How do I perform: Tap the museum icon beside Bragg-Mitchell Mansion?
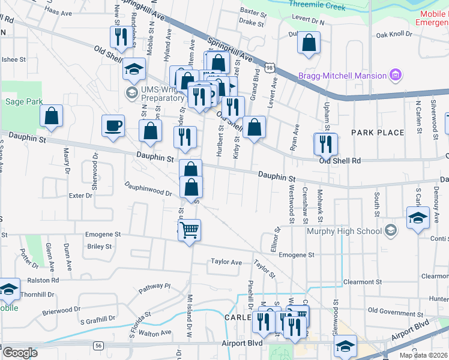click(x=395, y=76)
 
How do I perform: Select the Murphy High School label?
click(x=344, y=231)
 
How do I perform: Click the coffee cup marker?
click(x=113, y=126)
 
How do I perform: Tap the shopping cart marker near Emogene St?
click(x=189, y=230)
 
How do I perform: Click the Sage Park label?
click(x=24, y=101)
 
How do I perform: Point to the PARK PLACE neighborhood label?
click(x=378, y=132)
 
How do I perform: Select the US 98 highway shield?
click(x=270, y=68)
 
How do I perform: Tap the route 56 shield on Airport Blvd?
click(x=98, y=345)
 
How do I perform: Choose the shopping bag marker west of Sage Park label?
click(x=52, y=116)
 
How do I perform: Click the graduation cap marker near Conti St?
click(x=417, y=218)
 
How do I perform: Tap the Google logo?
click(x=20, y=353)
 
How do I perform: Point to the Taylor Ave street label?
click(x=226, y=262)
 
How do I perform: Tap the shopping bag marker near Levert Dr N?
click(x=309, y=43)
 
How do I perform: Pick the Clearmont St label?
click(x=363, y=281)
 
